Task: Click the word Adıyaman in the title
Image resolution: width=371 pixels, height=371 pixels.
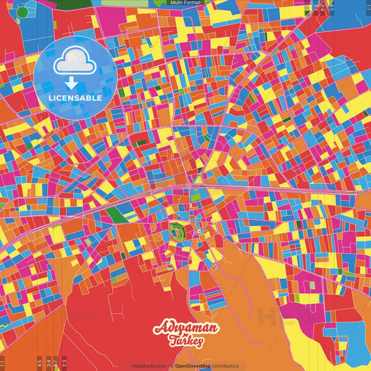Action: click(186, 329)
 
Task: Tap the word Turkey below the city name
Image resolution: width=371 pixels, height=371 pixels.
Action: click(186, 341)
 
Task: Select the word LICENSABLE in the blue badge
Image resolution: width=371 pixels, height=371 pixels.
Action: click(74, 98)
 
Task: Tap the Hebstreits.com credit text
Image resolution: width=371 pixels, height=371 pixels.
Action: click(147, 365)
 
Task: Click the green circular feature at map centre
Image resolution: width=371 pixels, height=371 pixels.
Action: click(176, 232)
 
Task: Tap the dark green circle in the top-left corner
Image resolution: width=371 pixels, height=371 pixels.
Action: click(23, 12)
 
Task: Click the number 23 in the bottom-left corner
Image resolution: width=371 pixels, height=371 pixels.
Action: click(64, 363)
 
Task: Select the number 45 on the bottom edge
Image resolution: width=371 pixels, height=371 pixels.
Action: click(39, 363)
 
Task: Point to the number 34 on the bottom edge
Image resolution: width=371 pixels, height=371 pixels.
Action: click(47, 363)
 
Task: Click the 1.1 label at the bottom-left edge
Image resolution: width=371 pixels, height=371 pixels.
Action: click(3, 363)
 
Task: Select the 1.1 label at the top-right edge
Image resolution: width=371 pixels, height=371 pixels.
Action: click(368, 8)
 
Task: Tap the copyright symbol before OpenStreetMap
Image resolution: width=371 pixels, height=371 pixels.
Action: click(172, 365)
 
